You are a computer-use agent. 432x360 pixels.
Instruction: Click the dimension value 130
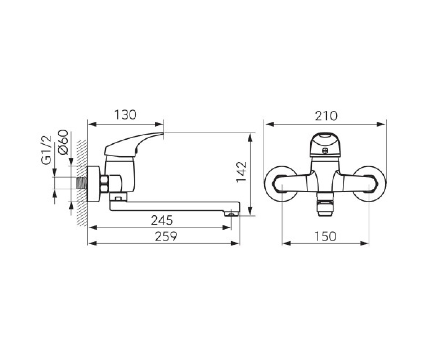click(x=125, y=115)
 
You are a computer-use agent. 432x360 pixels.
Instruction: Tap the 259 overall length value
click(x=166, y=236)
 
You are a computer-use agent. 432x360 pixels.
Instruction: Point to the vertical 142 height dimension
click(x=242, y=172)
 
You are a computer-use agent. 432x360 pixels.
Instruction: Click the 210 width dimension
click(x=326, y=116)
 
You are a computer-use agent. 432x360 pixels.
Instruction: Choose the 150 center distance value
click(x=325, y=236)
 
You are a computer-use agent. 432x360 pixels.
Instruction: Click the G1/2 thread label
click(x=46, y=150)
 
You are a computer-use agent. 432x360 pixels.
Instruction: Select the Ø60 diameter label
click(x=63, y=142)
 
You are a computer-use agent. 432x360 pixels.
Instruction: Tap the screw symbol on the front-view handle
click(x=325, y=150)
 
